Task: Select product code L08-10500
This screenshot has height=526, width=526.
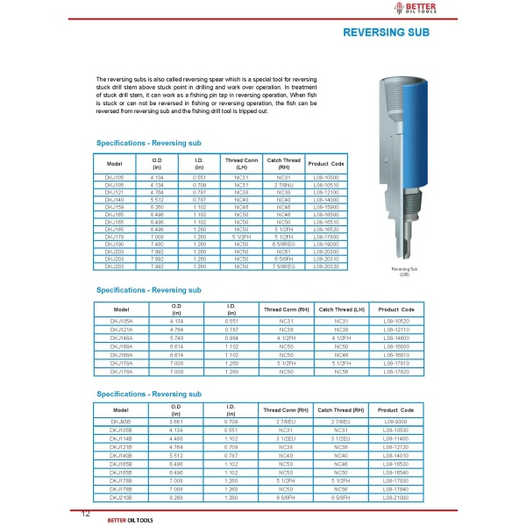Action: coord(325,177)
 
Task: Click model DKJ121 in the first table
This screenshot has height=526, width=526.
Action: coord(114,191)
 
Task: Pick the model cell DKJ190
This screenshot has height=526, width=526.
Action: coord(114,244)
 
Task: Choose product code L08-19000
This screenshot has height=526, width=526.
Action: coord(325,244)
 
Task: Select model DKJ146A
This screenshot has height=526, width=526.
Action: coord(121,337)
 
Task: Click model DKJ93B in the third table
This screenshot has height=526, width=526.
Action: coord(121,423)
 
